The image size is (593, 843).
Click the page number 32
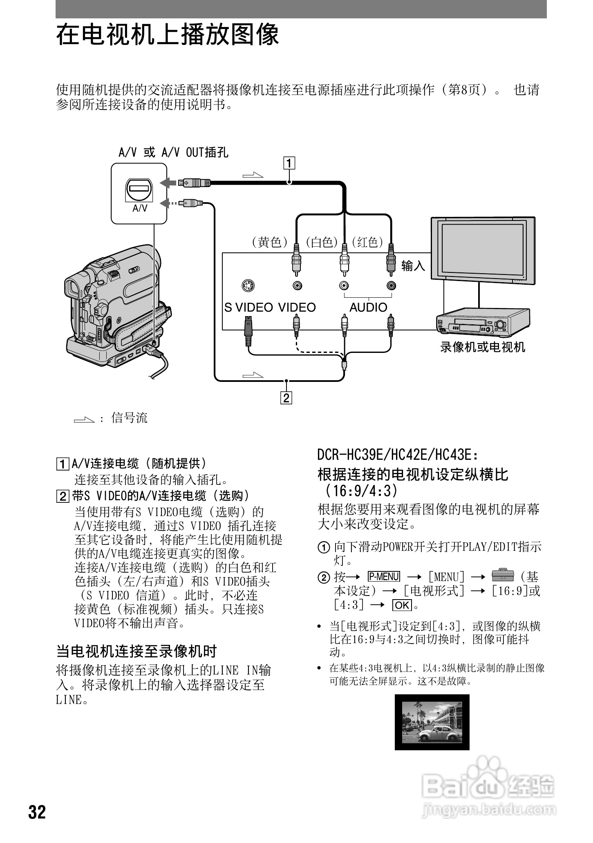coord(37,812)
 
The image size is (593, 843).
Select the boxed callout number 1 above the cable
coord(289,163)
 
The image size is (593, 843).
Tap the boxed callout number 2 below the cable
coord(286,397)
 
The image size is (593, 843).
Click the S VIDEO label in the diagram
coord(248,308)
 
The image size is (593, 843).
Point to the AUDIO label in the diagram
coord(368,308)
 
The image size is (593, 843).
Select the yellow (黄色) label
coord(270,243)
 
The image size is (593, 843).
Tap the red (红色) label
coord(367,243)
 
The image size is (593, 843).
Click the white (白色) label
coord(322,243)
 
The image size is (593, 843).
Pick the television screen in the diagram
coord(483,250)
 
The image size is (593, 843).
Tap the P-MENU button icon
coord(384,576)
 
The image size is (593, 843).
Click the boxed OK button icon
coord(402,605)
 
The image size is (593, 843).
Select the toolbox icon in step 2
coord(503,575)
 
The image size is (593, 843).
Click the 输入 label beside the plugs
coord(413,266)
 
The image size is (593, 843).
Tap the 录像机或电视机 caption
coord(483,347)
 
